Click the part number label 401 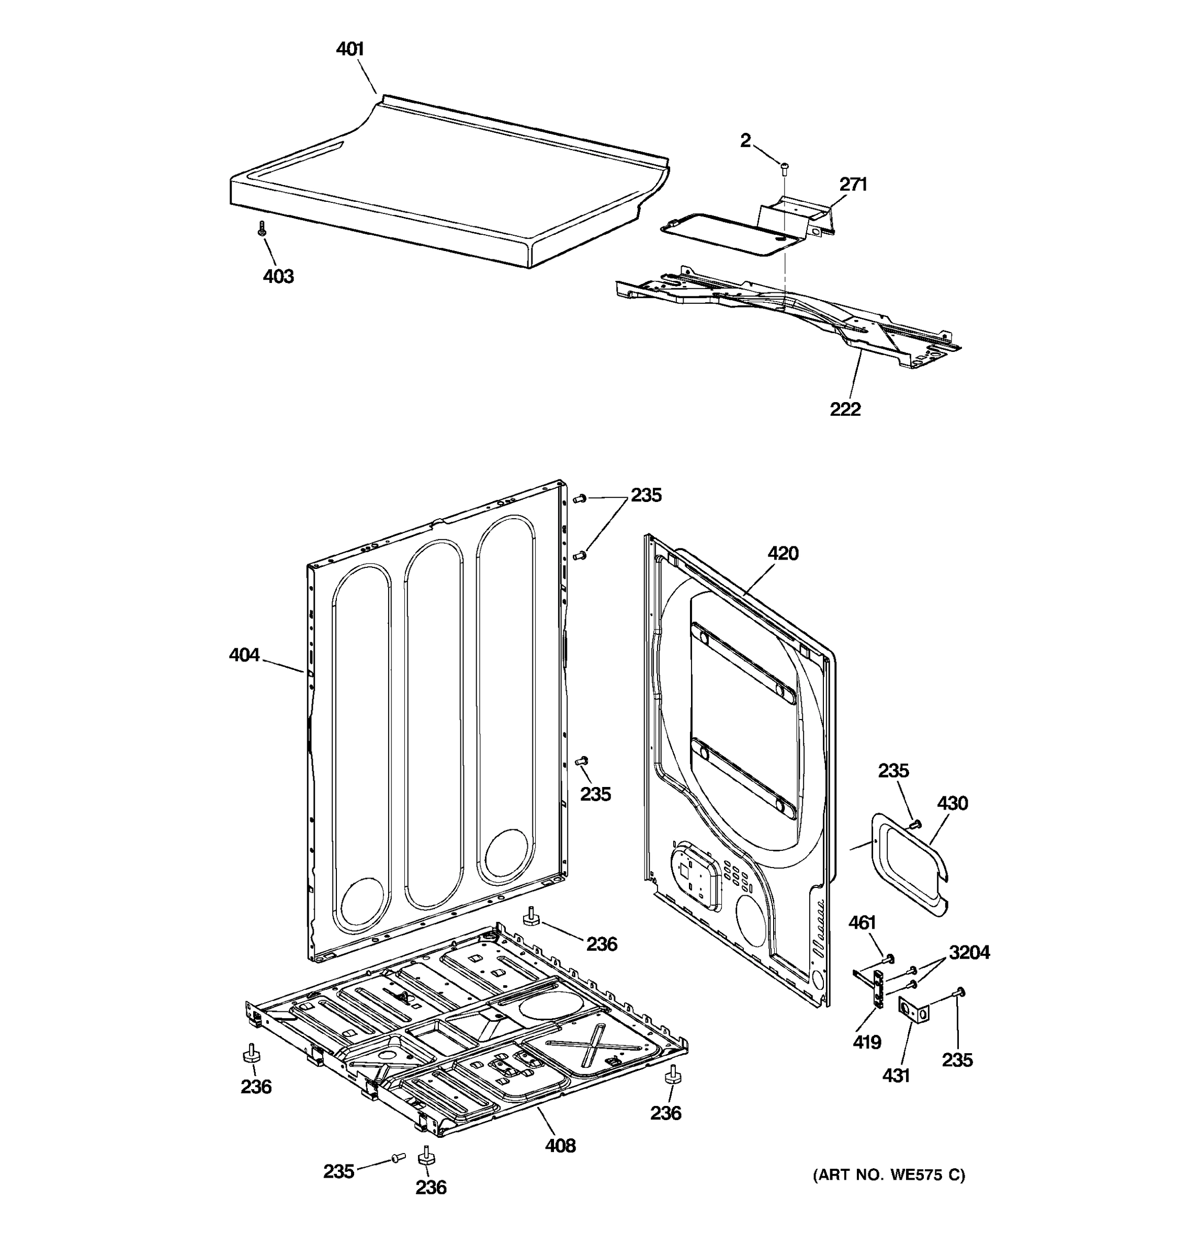click(x=350, y=49)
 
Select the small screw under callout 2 click(x=785, y=168)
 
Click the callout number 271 click(x=853, y=185)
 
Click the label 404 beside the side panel click(x=244, y=655)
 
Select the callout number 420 click(x=783, y=553)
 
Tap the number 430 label click(x=952, y=803)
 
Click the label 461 click(x=862, y=922)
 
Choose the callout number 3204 click(x=969, y=952)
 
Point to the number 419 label click(x=866, y=1042)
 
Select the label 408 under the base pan click(x=560, y=1145)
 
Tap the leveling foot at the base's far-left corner click(x=251, y=1053)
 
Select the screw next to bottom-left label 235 click(x=398, y=1157)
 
